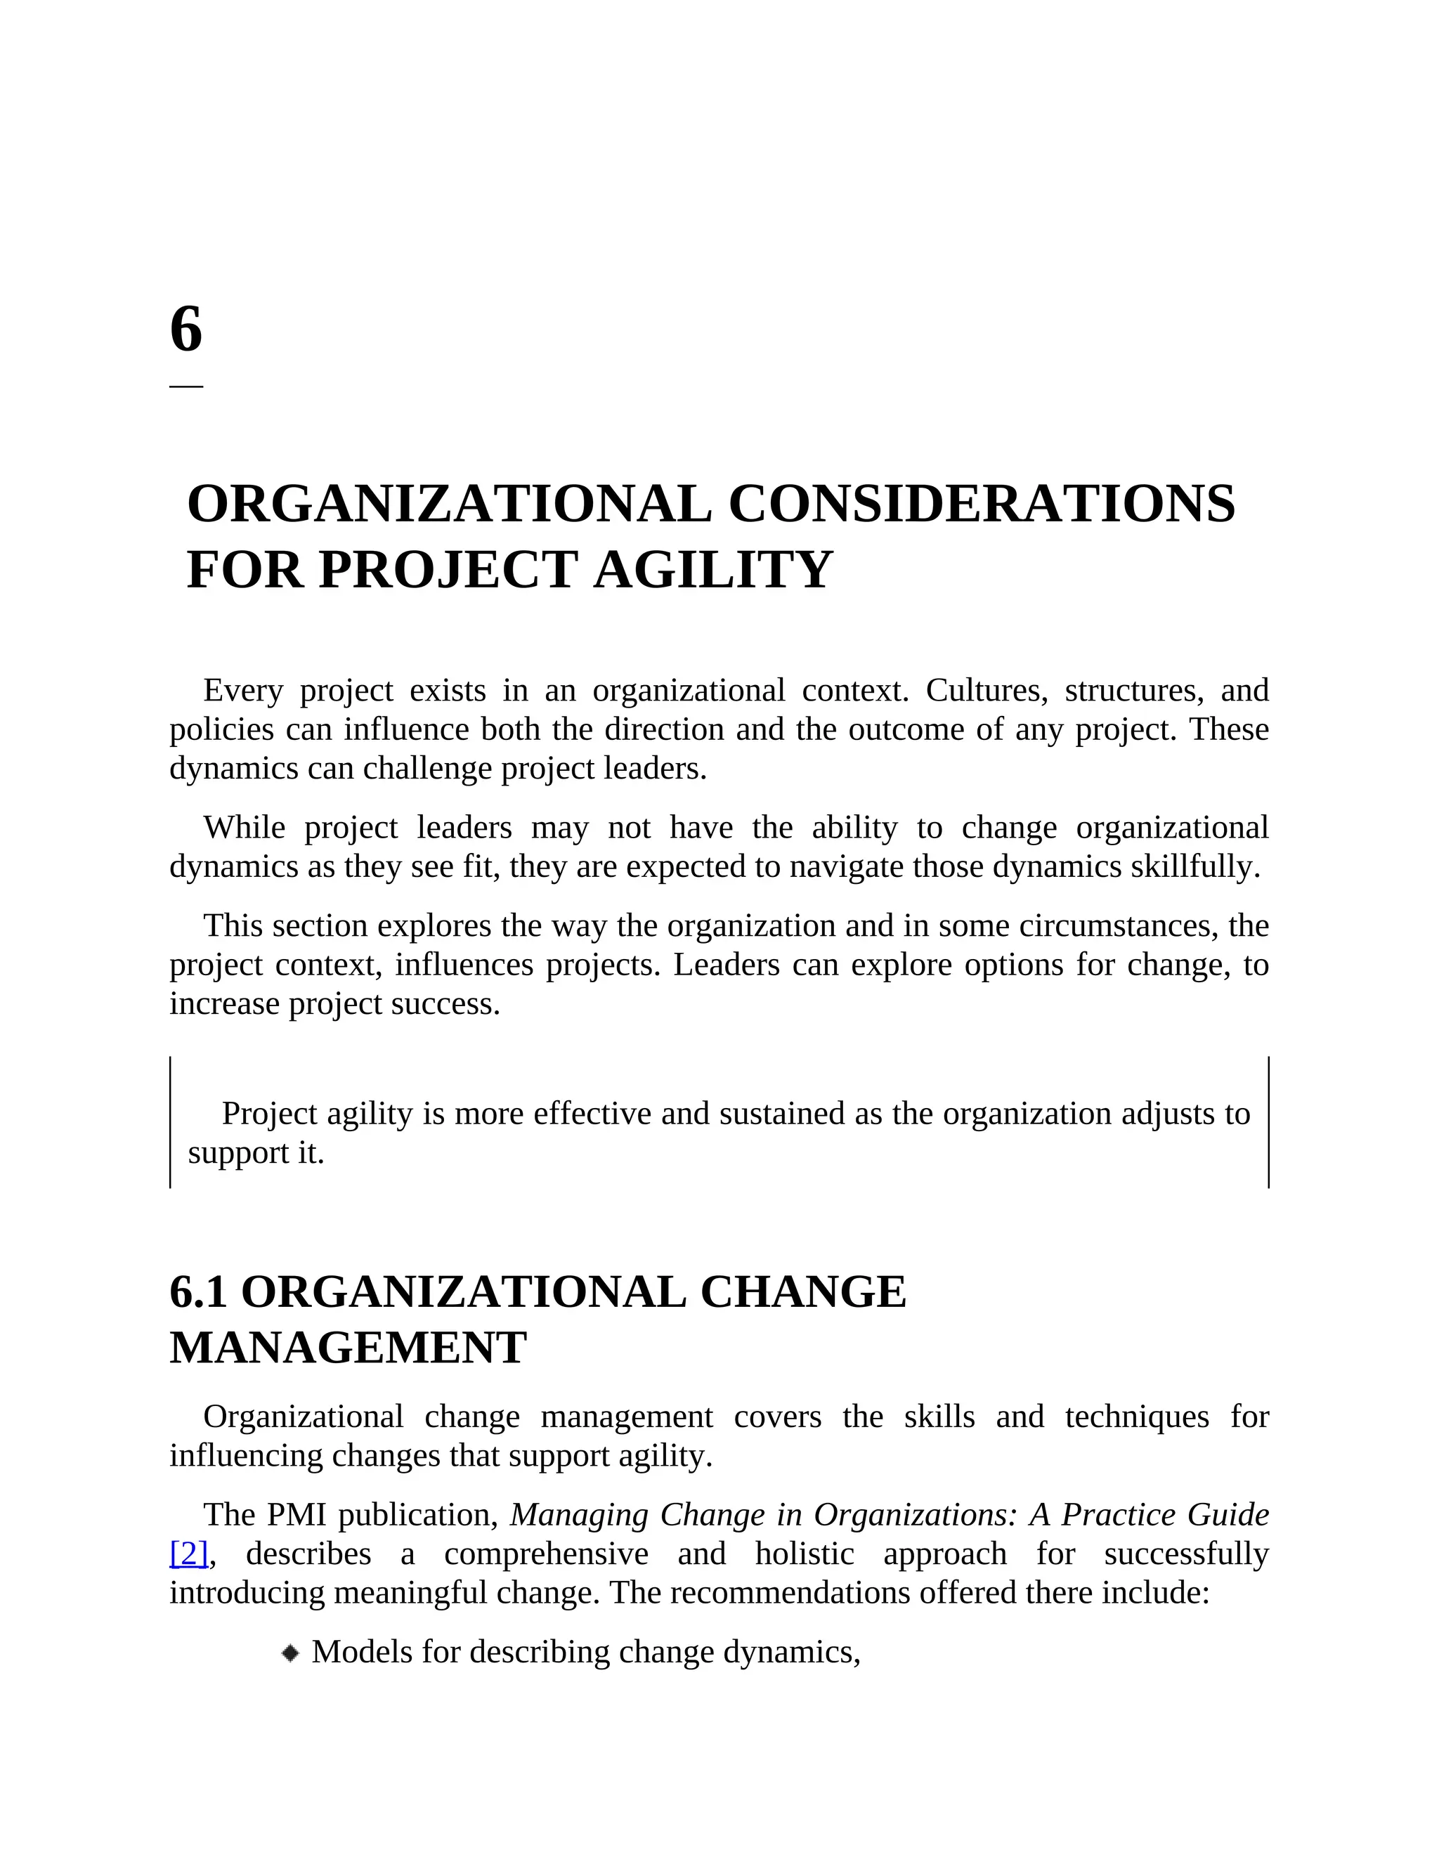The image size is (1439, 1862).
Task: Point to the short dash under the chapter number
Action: [x=185, y=386]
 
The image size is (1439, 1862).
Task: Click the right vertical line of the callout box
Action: [x=1268, y=1122]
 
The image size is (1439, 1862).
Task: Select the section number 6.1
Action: [x=197, y=1292]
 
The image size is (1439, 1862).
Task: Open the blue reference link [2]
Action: [x=188, y=1554]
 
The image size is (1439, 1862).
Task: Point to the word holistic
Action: [x=804, y=1554]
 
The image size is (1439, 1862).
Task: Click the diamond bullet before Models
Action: [x=291, y=1653]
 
